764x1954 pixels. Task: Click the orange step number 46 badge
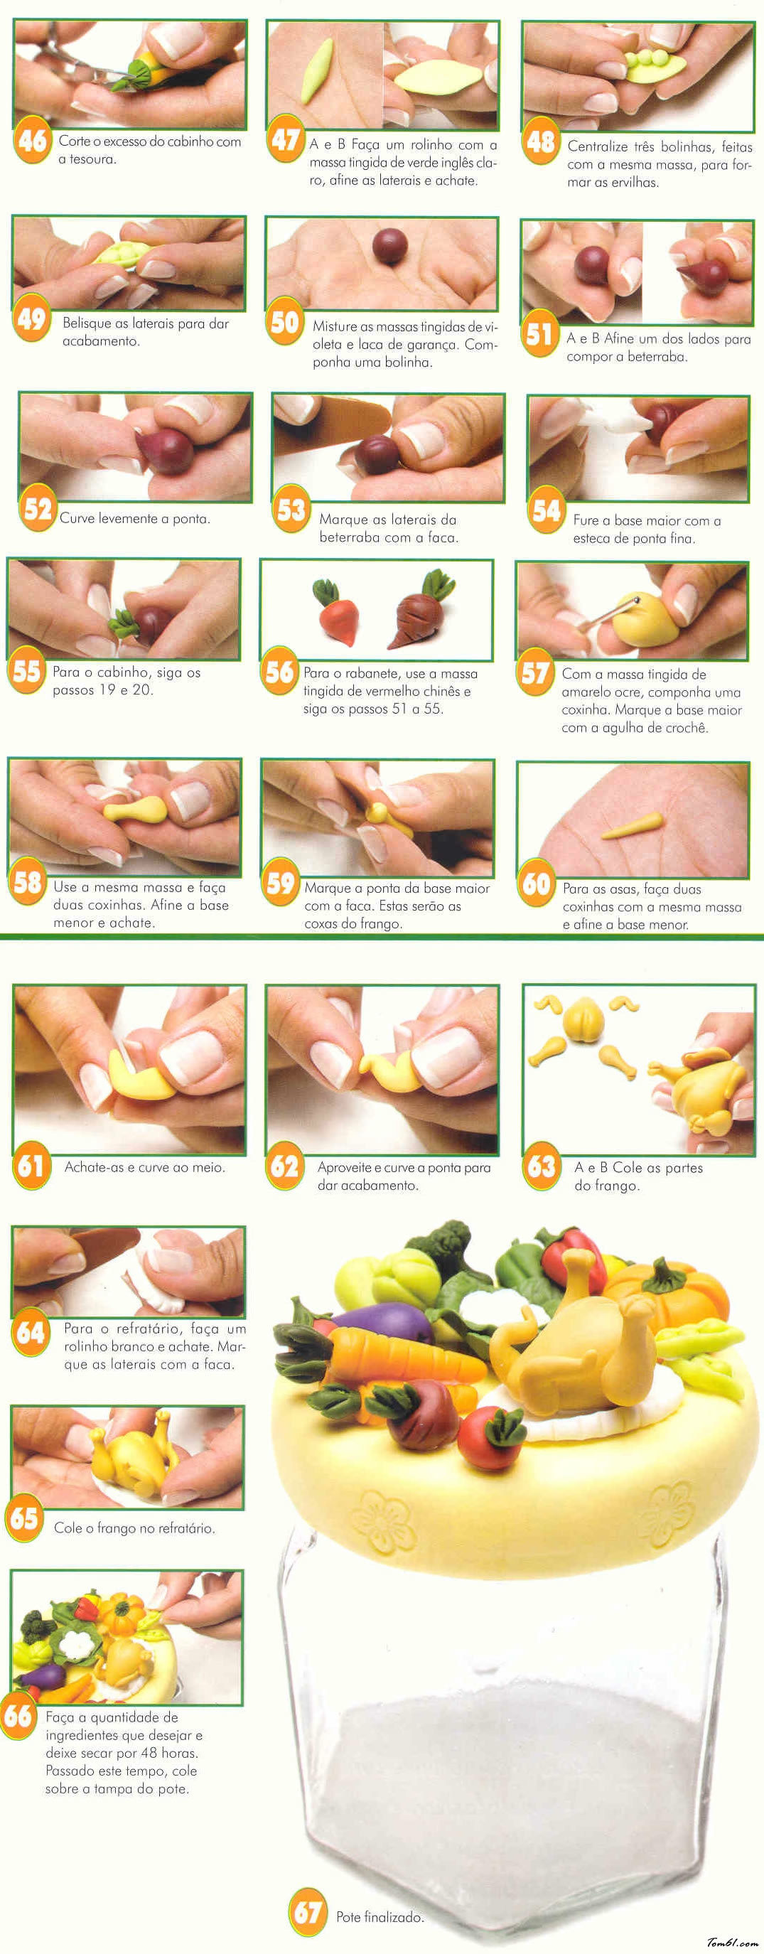[32, 140]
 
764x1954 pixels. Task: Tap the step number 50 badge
[284, 323]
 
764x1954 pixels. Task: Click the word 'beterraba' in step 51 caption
[656, 358]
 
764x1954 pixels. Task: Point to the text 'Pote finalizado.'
[380, 1917]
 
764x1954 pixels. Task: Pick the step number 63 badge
[542, 1165]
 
